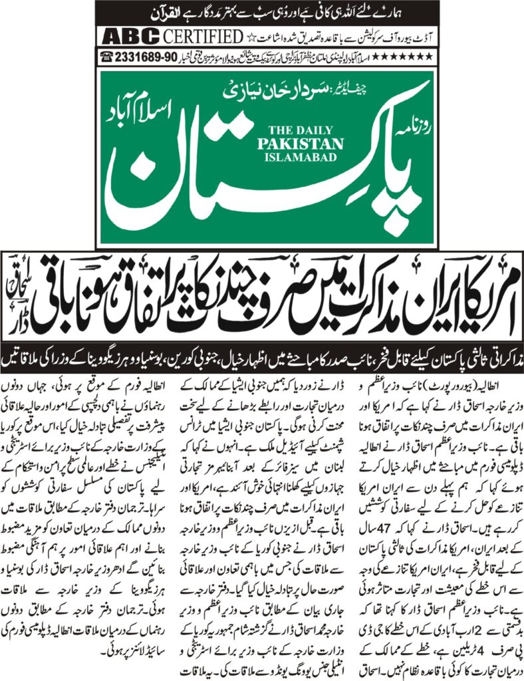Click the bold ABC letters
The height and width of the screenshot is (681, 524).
click(x=124, y=35)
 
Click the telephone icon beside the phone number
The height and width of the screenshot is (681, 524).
click(x=106, y=57)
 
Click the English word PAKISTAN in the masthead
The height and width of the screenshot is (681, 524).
click(x=307, y=144)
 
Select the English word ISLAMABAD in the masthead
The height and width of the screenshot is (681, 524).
click(x=307, y=157)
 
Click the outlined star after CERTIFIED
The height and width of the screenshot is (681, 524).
click(x=250, y=35)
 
